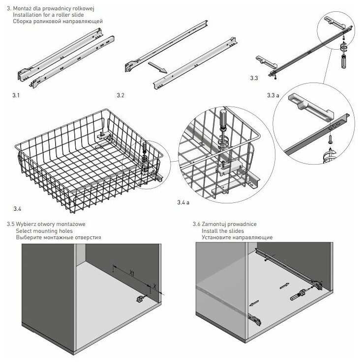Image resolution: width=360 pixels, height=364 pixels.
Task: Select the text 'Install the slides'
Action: [x=223, y=230]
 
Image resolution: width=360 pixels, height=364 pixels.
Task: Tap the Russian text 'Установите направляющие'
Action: [x=237, y=237]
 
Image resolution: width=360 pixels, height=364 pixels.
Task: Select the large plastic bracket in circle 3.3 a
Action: [x=309, y=105]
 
